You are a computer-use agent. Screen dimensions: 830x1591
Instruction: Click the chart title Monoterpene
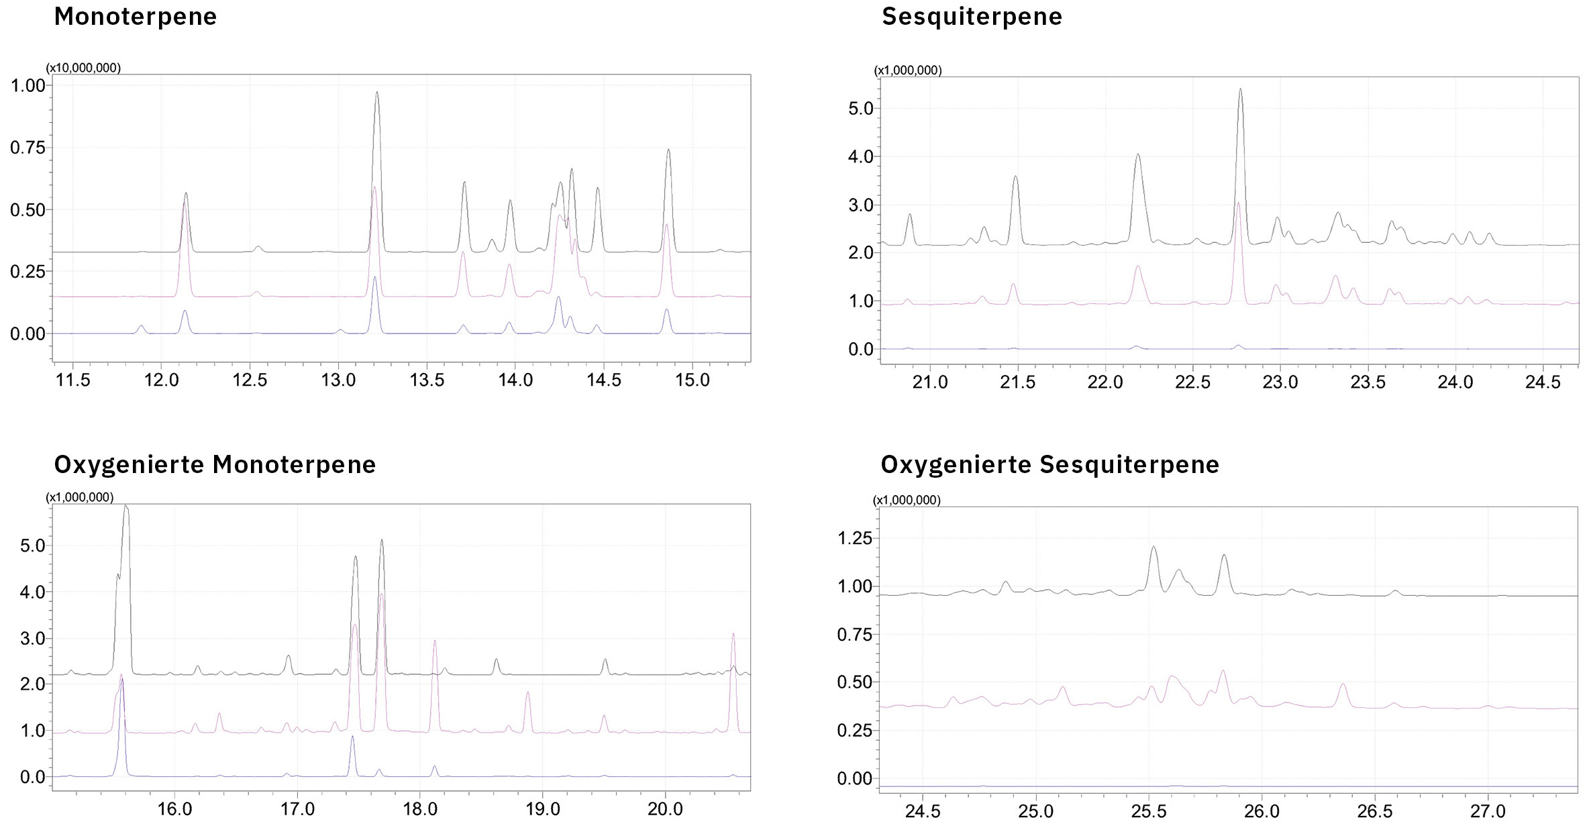pyautogui.click(x=135, y=17)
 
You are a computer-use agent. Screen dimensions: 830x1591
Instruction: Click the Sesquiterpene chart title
pyautogui.click(x=972, y=17)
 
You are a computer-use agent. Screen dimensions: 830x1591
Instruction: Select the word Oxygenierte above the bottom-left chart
pyautogui.click(x=130, y=464)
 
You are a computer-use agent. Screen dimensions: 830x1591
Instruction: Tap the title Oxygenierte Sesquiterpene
pyautogui.click(x=1049, y=464)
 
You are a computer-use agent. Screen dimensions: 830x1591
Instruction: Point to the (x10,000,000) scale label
pyautogui.click(x=83, y=68)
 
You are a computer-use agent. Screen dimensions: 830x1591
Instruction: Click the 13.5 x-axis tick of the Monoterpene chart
pyautogui.click(x=427, y=380)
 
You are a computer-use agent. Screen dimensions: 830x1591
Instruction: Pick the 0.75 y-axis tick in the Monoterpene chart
pyautogui.click(x=28, y=148)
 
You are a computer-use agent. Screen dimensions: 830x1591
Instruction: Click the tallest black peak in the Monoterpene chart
pyautogui.click(x=377, y=94)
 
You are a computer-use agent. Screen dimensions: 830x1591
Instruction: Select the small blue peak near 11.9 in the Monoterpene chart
pyautogui.click(x=141, y=327)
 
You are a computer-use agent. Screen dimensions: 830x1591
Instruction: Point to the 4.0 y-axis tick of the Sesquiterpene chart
pyautogui.click(x=862, y=157)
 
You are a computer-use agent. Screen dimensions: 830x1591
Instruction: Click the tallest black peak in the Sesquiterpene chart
pyautogui.click(x=1240, y=91)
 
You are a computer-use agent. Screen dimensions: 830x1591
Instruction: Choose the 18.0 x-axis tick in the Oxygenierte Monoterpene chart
pyautogui.click(x=420, y=809)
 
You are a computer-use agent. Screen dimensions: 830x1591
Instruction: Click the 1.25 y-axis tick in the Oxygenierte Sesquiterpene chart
pyautogui.click(x=854, y=539)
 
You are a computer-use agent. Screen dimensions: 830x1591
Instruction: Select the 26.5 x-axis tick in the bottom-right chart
pyautogui.click(x=1375, y=811)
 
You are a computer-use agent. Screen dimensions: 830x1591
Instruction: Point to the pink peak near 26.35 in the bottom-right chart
pyautogui.click(x=1343, y=686)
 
